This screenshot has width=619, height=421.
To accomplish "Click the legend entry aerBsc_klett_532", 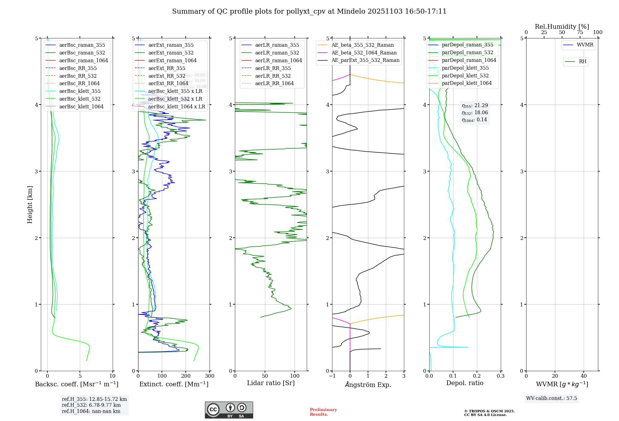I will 80,99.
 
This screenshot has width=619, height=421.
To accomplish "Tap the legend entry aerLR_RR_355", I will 273,68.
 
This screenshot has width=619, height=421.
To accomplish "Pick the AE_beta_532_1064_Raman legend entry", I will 364,53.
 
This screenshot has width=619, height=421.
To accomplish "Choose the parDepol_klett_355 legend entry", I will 465,68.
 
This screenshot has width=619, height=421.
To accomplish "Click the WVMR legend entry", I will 585,45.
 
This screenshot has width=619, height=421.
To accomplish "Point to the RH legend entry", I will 582,62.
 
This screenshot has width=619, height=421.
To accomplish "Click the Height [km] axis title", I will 30,205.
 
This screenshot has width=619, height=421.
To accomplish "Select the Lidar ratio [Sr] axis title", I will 271,383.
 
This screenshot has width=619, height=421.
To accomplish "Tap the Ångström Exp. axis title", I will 368,384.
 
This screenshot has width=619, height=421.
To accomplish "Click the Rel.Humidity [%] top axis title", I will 562,27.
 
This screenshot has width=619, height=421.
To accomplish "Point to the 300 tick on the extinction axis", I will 210,376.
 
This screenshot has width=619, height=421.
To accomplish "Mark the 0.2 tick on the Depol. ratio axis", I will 477,376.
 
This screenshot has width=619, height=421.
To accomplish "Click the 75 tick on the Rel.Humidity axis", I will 580,33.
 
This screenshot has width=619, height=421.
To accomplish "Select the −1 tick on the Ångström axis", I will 332,376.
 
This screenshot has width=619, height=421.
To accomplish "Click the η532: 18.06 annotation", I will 475,113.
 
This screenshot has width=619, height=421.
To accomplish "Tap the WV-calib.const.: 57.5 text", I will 552,398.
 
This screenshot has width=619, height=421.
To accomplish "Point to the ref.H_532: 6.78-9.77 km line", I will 91,405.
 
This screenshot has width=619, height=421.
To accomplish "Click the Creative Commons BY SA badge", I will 229,410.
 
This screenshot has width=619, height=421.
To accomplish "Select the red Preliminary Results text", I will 323,412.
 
